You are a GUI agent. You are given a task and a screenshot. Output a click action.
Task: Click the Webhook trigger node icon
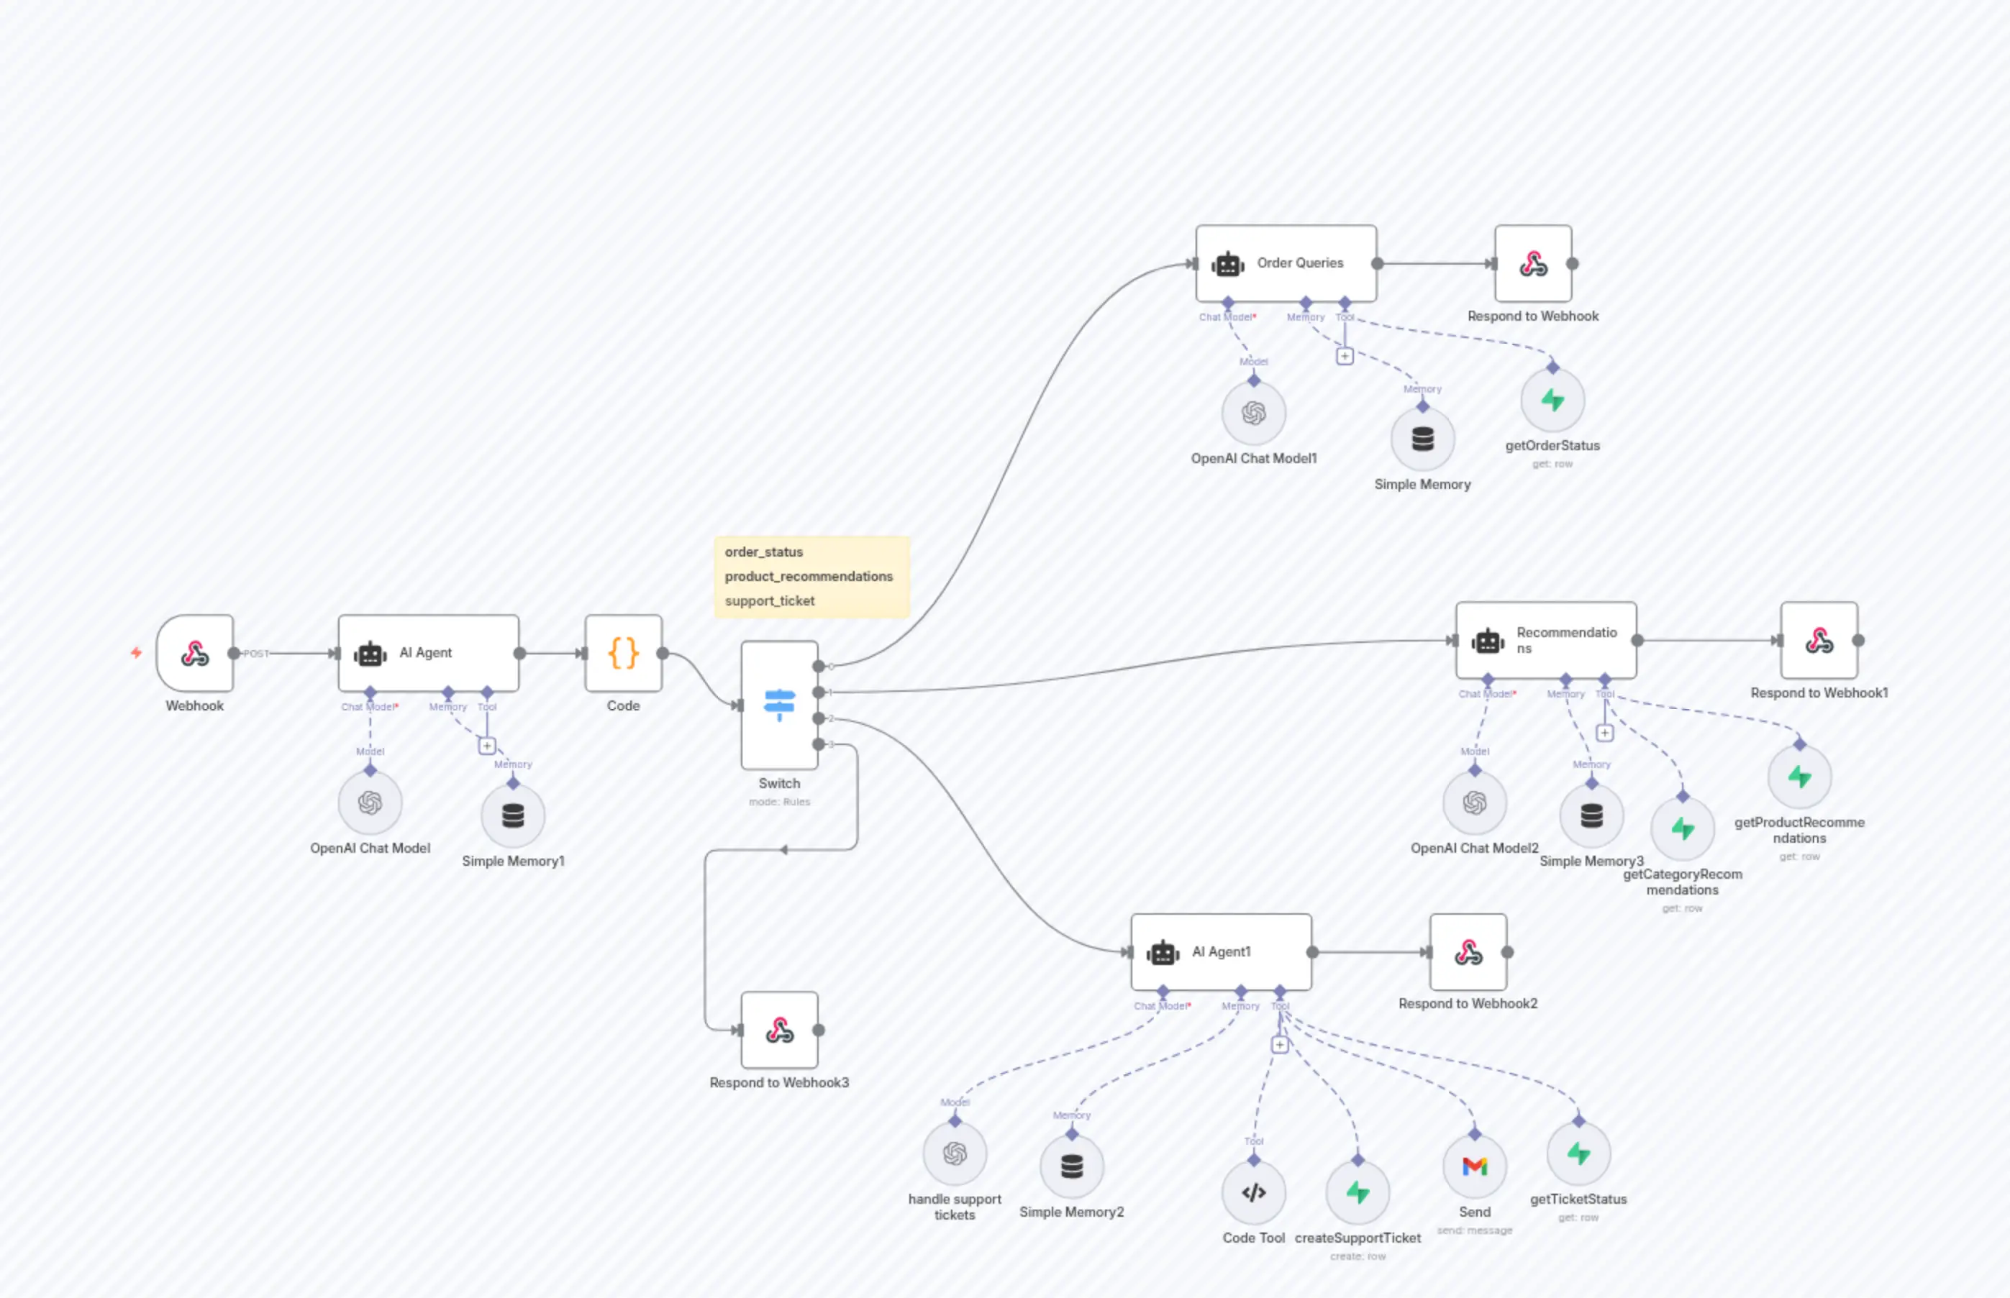click(x=195, y=653)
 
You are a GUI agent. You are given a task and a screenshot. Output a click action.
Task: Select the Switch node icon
click(x=779, y=704)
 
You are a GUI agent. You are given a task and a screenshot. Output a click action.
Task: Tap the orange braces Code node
click(x=623, y=653)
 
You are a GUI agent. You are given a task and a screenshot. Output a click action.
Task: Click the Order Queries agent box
click(x=1286, y=263)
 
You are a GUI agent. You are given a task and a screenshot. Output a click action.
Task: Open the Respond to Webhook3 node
click(x=779, y=1030)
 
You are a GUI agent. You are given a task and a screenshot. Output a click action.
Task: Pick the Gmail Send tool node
click(x=1475, y=1166)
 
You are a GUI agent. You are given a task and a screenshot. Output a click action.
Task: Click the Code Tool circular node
click(x=1254, y=1192)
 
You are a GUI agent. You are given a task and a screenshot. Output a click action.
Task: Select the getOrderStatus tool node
click(x=1552, y=401)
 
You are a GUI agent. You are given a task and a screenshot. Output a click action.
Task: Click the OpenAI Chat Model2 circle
click(x=1475, y=803)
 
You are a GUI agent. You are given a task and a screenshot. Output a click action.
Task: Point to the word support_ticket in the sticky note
click(x=769, y=601)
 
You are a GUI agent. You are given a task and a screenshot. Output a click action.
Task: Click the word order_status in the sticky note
click(x=763, y=552)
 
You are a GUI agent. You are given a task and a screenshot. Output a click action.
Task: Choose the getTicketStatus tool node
click(x=1578, y=1154)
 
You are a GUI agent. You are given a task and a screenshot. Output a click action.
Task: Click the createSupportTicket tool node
click(x=1358, y=1192)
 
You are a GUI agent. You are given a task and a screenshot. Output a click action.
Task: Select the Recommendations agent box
click(x=1545, y=640)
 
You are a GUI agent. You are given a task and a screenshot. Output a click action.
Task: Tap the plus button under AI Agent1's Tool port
click(x=1280, y=1045)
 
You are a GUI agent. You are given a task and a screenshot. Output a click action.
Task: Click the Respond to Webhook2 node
click(x=1468, y=952)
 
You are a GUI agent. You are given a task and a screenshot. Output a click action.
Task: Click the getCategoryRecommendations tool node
click(x=1682, y=829)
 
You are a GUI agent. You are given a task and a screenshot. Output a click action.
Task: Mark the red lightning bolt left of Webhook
click(x=136, y=652)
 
